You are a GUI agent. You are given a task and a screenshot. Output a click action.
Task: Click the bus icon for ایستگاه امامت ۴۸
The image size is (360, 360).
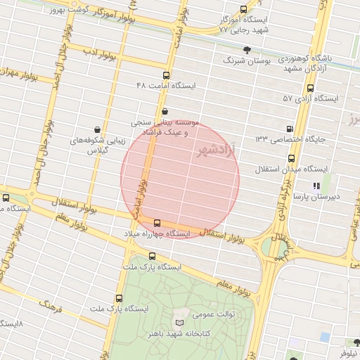point(167,75)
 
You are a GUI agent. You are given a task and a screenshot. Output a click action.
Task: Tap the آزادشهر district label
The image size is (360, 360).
point(214,150)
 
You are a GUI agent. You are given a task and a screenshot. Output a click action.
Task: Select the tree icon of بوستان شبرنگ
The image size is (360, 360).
point(247,49)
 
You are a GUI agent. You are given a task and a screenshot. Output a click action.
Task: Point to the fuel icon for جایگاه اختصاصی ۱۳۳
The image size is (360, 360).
point(290,129)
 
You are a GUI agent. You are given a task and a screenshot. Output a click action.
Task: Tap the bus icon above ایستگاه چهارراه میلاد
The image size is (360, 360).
point(156,223)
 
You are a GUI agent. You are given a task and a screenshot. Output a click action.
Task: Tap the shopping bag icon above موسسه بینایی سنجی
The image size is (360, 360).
point(165,111)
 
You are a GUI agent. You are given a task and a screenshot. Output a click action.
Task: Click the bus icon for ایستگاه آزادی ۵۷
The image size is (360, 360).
point(310,88)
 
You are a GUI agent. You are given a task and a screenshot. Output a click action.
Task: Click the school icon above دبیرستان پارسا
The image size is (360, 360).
point(316,186)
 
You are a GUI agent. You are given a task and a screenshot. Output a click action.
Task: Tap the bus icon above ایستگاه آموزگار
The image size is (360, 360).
point(243,10)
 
